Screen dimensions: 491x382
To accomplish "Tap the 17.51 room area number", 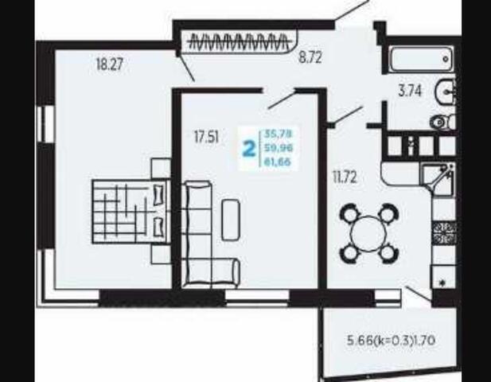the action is click(206, 137).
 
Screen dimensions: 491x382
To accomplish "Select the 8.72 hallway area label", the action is click(310, 57).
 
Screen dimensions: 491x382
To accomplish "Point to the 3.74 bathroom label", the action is click(410, 91).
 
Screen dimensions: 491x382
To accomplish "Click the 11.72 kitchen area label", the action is click(345, 177).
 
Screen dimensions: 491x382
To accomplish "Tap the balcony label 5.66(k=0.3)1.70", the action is click(391, 341).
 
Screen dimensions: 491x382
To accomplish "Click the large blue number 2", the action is click(249, 148).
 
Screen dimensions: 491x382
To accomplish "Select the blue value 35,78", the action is click(278, 134).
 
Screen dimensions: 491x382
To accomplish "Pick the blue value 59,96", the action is click(279, 147).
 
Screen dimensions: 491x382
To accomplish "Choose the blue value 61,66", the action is click(278, 162).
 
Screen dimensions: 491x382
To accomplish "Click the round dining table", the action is click(370, 234).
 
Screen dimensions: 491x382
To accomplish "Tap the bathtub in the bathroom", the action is click(422, 60).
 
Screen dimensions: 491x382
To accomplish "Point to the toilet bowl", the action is click(442, 122).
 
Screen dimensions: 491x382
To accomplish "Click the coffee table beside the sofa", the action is click(231, 220).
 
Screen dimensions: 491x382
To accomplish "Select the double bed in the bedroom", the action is click(131, 212).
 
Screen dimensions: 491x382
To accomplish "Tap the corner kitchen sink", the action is click(438, 177).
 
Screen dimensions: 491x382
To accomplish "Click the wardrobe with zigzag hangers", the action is click(240, 41).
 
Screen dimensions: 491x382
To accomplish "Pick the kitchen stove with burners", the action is click(444, 233).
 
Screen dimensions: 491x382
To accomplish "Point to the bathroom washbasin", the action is click(446, 92).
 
